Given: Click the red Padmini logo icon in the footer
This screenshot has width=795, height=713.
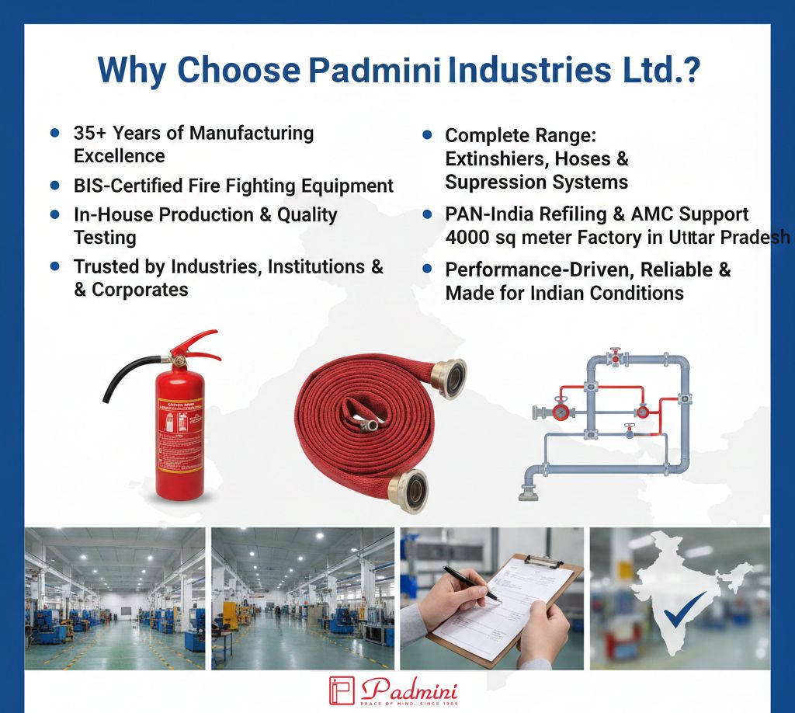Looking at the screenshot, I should (341, 690).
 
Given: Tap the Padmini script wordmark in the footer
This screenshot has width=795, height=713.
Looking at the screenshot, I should (409, 688).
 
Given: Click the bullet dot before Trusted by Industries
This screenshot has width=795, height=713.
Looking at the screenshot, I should (55, 266).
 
